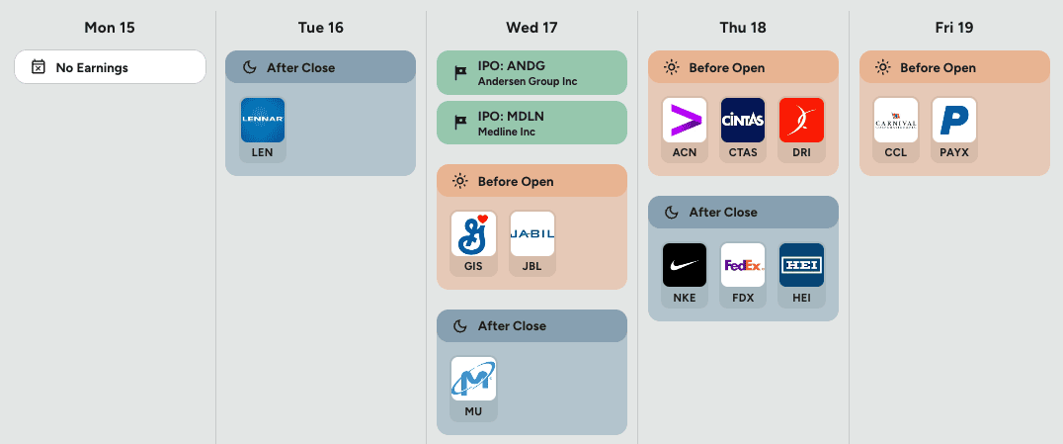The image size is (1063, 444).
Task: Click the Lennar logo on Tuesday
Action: (x=263, y=120)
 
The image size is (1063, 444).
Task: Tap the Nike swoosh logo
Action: (x=685, y=265)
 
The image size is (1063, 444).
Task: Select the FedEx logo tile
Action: (x=743, y=265)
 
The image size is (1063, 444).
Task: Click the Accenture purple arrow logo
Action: (x=685, y=120)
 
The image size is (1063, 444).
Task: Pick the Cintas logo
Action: (x=743, y=120)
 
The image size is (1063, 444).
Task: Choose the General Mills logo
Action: (x=473, y=233)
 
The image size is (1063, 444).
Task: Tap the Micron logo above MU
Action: (x=473, y=379)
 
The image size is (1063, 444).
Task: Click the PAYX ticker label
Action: (x=954, y=153)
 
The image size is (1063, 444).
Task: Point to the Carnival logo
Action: (x=896, y=120)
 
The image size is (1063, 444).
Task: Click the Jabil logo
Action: (x=532, y=233)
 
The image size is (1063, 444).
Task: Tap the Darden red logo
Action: (x=801, y=120)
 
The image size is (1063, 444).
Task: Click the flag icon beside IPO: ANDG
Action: (x=459, y=72)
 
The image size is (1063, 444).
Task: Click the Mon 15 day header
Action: (x=110, y=27)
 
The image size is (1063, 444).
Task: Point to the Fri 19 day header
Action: (x=955, y=27)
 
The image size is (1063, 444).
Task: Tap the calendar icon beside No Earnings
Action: (x=38, y=67)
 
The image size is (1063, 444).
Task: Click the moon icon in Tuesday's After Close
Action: (x=248, y=68)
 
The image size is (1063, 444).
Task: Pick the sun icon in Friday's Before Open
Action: (x=882, y=68)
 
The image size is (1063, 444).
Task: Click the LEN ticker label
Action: (x=263, y=153)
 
